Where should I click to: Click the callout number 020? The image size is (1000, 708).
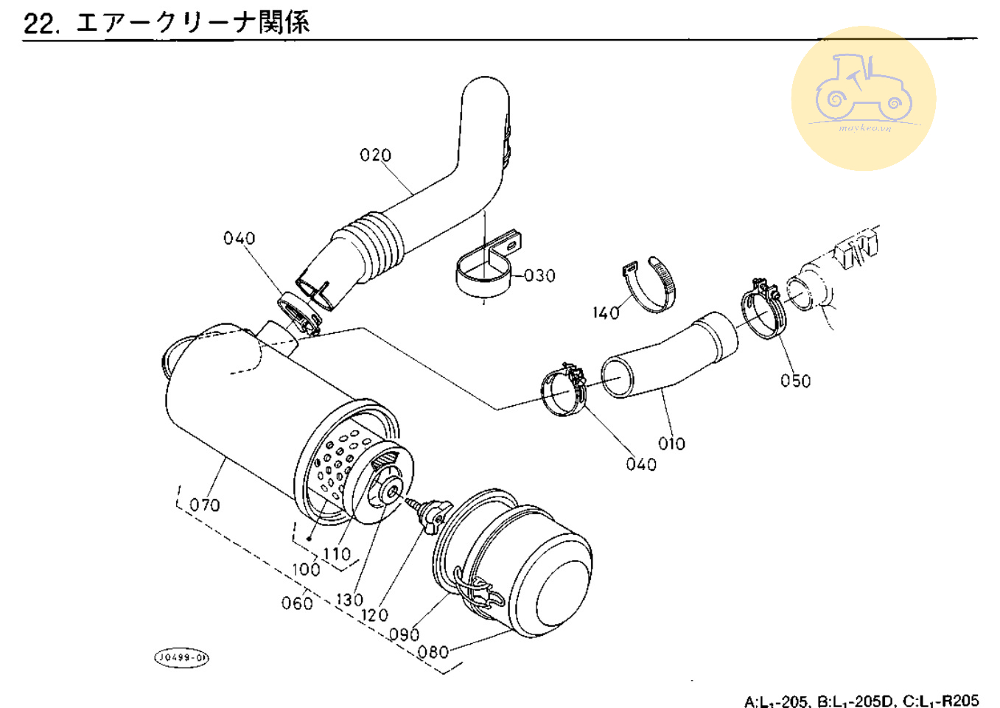pos(375,155)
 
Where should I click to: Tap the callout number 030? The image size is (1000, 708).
pos(539,276)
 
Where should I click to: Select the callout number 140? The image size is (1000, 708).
pos(606,312)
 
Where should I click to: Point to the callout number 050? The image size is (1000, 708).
pos(795,381)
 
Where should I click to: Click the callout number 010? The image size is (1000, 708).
pos(671,444)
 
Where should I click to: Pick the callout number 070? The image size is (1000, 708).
pos(204,505)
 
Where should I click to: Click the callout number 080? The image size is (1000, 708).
pos(433,652)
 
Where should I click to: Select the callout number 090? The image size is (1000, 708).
pos(404,634)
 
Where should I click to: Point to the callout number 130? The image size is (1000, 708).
pos(349,600)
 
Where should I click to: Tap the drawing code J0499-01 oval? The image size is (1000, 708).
pos(181,657)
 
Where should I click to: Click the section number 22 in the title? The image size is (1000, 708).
pos(39,23)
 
